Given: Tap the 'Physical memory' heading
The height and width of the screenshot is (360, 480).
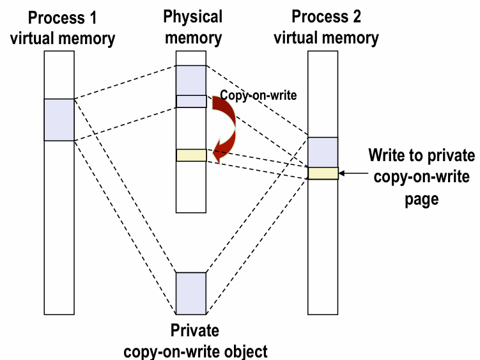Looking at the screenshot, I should click(x=193, y=26).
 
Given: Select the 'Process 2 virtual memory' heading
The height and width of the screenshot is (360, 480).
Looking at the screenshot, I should click(x=326, y=27).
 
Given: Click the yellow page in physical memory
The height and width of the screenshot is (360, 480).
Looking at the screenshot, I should click(x=191, y=155).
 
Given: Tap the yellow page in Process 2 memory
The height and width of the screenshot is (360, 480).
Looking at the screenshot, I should click(x=323, y=173).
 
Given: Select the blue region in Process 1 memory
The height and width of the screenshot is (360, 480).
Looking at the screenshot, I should click(x=59, y=120).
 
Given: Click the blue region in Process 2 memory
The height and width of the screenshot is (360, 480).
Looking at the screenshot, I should click(x=323, y=152).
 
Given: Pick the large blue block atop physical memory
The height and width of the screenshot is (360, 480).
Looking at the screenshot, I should click(x=191, y=80).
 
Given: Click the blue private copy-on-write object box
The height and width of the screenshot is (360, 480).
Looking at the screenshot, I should click(x=191, y=293).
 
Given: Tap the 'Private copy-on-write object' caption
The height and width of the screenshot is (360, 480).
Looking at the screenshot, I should click(x=195, y=341).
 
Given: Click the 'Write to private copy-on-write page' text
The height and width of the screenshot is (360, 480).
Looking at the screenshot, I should click(x=422, y=177).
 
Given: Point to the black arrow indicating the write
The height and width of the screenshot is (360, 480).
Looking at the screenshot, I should click(x=353, y=173).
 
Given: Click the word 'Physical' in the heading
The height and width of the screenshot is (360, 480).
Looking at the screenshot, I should click(x=193, y=17).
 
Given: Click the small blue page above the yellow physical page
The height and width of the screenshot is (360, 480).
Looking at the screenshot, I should click(x=191, y=101).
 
